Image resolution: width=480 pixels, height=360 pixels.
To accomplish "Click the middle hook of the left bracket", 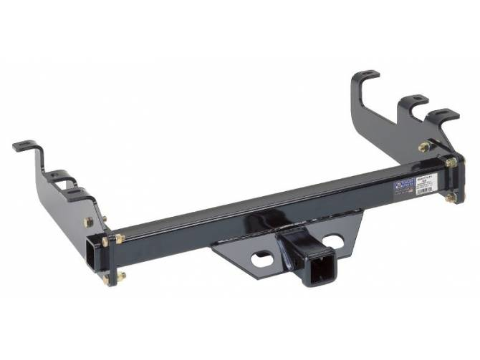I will pyautogui.click(x=63, y=175).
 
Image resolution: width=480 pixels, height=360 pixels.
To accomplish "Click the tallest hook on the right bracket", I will pyautogui.click(x=366, y=75).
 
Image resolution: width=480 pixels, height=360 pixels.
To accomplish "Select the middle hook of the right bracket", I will pyautogui.click(x=413, y=100).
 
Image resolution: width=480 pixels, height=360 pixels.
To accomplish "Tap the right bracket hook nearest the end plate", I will pyautogui.click(x=442, y=115).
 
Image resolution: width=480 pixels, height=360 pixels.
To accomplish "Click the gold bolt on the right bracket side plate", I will pyautogui.click(x=423, y=147).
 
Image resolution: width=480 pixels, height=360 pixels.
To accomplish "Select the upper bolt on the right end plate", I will pyautogui.click(x=451, y=163).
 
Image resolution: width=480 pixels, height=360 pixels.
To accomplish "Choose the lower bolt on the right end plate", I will pyautogui.click(x=450, y=197).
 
